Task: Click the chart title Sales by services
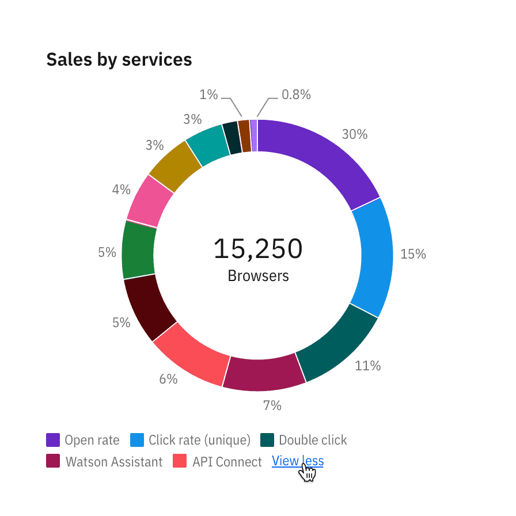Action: (x=119, y=59)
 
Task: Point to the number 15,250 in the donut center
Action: (x=257, y=249)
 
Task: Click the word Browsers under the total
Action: (x=258, y=276)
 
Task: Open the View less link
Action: (x=297, y=461)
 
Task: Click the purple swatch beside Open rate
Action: (x=53, y=441)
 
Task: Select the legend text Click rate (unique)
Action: (x=199, y=441)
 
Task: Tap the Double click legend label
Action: (x=313, y=441)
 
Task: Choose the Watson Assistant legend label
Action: (x=113, y=462)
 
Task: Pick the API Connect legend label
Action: (x=227, y=462)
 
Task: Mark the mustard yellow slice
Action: (x=175, y=166)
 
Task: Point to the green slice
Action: (x=138, y=249)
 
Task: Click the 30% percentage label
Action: (x=354, y=134)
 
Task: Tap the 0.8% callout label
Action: (x=296, y=95)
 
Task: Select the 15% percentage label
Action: (x=412, y=254)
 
